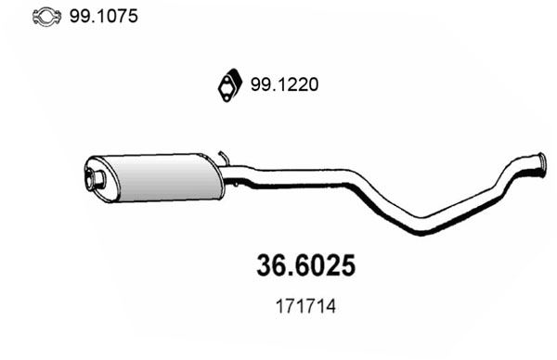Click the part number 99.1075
point(103,17)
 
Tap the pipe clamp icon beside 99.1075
point(47,17)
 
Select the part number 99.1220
point(285,84)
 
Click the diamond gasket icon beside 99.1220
point(230,85)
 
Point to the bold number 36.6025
point(305,265)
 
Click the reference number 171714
point(305,307)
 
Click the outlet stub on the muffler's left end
point(96,178)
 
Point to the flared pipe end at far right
point(540,165)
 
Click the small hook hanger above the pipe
point(224,159)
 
